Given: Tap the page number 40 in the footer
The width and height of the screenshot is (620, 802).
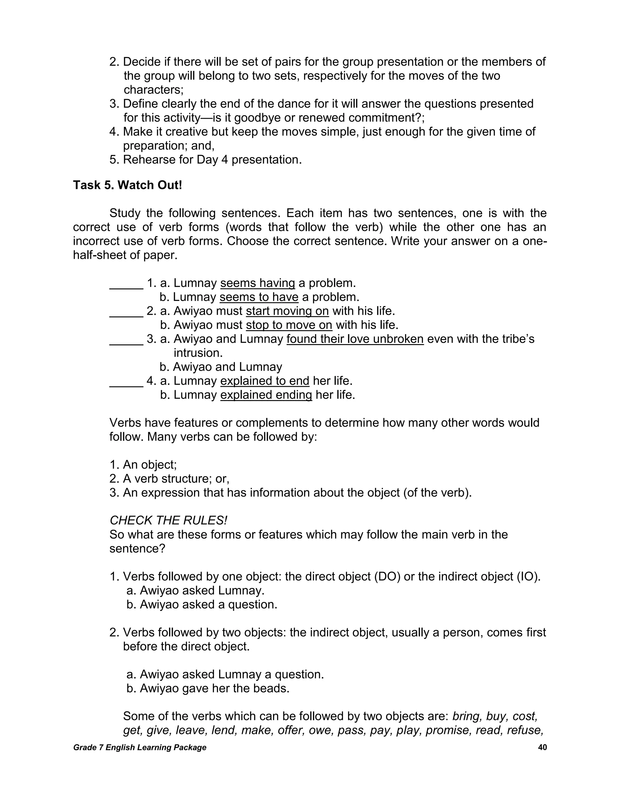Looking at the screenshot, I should click(542, 747).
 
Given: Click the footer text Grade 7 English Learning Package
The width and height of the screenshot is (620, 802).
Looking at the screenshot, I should click(140, 747).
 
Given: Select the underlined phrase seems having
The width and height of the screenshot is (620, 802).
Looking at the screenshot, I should click(258, 283).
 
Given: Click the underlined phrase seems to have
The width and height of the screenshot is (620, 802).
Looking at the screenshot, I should click(259, 297).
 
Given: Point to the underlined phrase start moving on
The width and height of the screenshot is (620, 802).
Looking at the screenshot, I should click(287, 311).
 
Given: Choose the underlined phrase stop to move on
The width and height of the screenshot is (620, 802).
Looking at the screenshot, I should click(289, 325).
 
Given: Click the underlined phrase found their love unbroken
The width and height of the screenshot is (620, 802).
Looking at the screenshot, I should click(355, 339).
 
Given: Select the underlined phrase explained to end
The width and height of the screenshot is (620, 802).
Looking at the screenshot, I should click(265, 381).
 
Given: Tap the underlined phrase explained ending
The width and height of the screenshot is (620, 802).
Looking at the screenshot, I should click(266, 395).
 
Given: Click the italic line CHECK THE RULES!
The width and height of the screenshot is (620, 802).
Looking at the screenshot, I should click(168, 520).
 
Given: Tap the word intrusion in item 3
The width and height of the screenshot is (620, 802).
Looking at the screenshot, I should click(198, 353).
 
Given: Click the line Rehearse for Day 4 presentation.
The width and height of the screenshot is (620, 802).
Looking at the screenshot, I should click(212, 160).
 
